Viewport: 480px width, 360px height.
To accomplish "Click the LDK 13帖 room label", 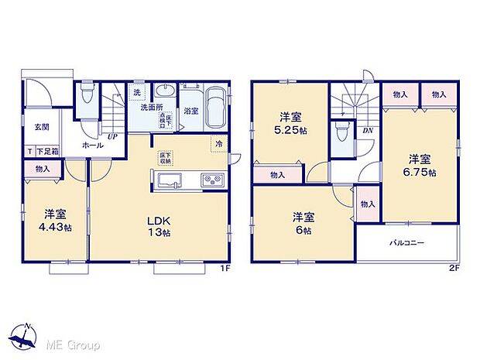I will [x=159, y=225].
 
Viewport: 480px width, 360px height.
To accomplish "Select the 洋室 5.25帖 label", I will [x=290, y=125].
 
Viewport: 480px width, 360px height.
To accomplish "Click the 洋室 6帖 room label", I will [x=302, y=224].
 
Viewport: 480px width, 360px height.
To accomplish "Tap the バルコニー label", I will [x=407, y=242].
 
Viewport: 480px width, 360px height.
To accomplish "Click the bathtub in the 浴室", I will [x=215, y=108].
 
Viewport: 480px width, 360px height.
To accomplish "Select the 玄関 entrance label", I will [x=41, y=127].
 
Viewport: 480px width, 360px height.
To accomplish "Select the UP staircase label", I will [x=113, y=136].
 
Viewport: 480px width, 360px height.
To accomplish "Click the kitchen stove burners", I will [x=212, y=181].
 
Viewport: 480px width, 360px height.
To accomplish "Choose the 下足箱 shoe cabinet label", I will [x=46, y=153].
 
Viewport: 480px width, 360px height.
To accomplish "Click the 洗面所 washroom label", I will [x=153, y=108].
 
